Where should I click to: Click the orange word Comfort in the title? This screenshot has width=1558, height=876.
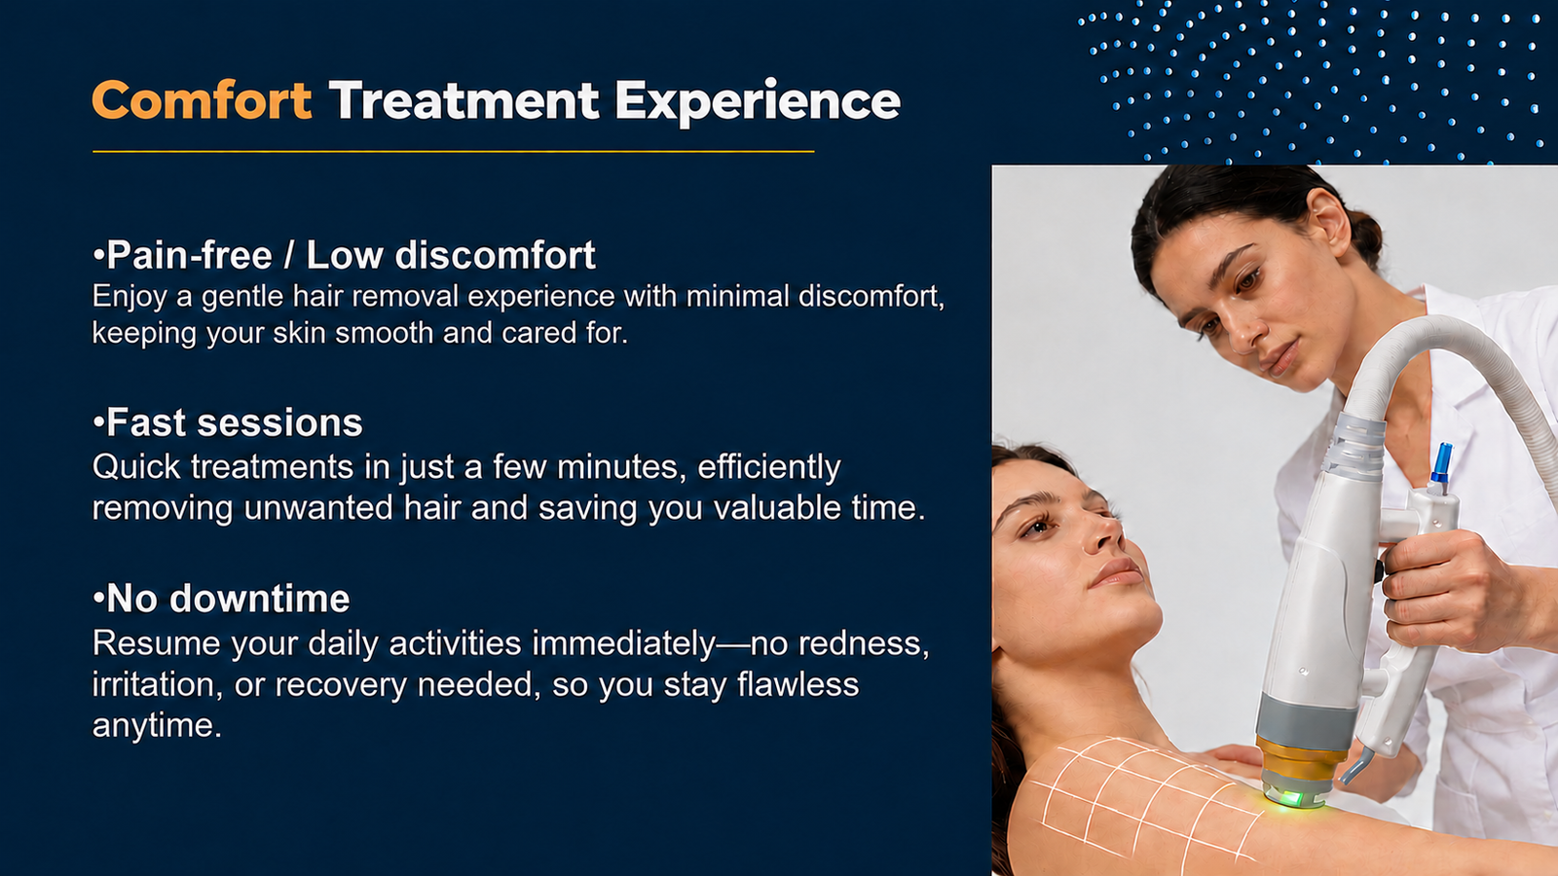202,101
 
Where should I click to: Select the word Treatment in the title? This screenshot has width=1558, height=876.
464,101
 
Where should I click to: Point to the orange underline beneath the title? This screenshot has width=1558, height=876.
453,151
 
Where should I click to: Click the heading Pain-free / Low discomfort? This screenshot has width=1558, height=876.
345,254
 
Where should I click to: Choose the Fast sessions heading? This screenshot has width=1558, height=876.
228,422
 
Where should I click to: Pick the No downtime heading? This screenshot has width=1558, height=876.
221,598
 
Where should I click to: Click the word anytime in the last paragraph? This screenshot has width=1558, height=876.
157,726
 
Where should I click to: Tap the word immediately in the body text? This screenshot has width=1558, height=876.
624,643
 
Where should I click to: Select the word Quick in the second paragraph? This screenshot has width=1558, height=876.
136,466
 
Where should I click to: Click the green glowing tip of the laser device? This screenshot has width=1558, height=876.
1292,797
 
